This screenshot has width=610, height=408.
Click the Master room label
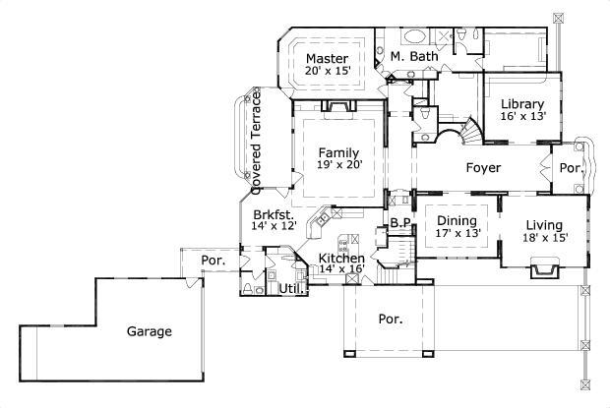point(327,58)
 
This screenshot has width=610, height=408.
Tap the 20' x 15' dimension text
point(327,72)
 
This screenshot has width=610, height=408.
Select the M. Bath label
point(413,58)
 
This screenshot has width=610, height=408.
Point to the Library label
point(521,103)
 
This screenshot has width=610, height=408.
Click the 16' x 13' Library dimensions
point(521,116)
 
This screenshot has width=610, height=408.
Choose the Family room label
point(338,151)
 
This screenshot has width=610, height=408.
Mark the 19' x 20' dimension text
point(338,165)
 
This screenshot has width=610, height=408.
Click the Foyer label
point(483,168)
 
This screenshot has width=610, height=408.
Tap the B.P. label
point(400,223)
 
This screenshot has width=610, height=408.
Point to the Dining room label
point(457,221)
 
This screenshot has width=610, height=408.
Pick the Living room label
point(543,224)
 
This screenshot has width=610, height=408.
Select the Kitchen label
point(340,258)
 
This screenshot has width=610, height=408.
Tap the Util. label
point(290,289)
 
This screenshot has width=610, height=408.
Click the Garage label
point(150,331)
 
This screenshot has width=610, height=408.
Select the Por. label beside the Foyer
point(572,168)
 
